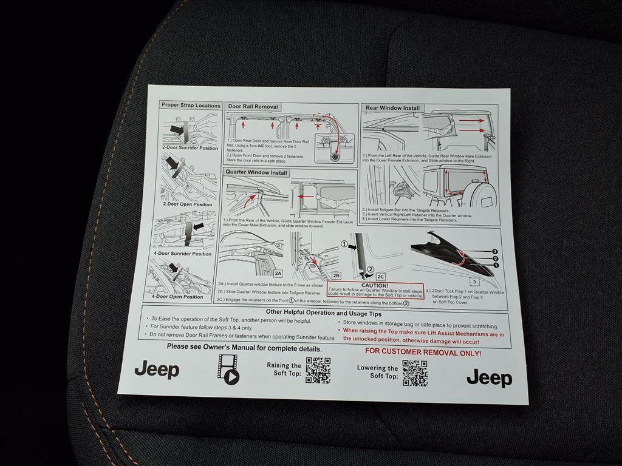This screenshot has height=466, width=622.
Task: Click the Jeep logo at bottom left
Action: [157, 370]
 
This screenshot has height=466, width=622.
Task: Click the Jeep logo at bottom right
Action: [489, 379]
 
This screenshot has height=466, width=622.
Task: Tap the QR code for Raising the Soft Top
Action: [318, 370]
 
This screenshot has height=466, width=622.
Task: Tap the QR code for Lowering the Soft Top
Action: [415, 373]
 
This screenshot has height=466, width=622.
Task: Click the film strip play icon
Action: [228, 369]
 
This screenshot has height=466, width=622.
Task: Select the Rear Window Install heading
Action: [392, 108]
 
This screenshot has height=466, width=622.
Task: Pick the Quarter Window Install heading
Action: [257, 172]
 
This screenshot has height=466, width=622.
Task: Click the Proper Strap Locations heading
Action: [191, 105]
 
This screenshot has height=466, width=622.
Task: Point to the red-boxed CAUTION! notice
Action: [375, 289]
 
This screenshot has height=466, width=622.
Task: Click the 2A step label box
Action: [278, 273]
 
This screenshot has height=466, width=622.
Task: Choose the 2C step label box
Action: [381, 276]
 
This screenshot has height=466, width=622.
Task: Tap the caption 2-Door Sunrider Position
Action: [190, 147]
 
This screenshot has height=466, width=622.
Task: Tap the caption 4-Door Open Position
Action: [177, 297]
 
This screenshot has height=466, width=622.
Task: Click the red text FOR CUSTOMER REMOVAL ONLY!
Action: [423, 353]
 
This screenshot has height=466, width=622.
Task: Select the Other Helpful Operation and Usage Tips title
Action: [324, 313]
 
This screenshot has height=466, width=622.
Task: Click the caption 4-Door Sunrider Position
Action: [182, 254]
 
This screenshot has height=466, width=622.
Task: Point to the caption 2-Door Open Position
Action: [187, 204]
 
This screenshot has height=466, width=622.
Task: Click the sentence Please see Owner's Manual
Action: [244, 348]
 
